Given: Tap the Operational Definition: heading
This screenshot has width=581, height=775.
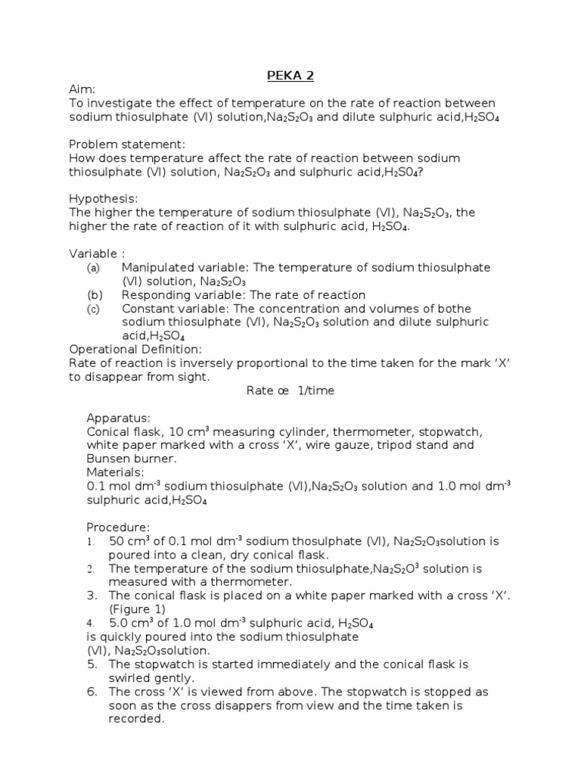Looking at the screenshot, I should (135, 349).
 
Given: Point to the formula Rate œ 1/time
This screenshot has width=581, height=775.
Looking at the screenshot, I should (290, 391).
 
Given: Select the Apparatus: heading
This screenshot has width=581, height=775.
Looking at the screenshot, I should (119, 418).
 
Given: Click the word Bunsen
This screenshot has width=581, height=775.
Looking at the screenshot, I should (107, 459).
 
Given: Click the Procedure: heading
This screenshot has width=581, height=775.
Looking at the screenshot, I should (119, 527).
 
